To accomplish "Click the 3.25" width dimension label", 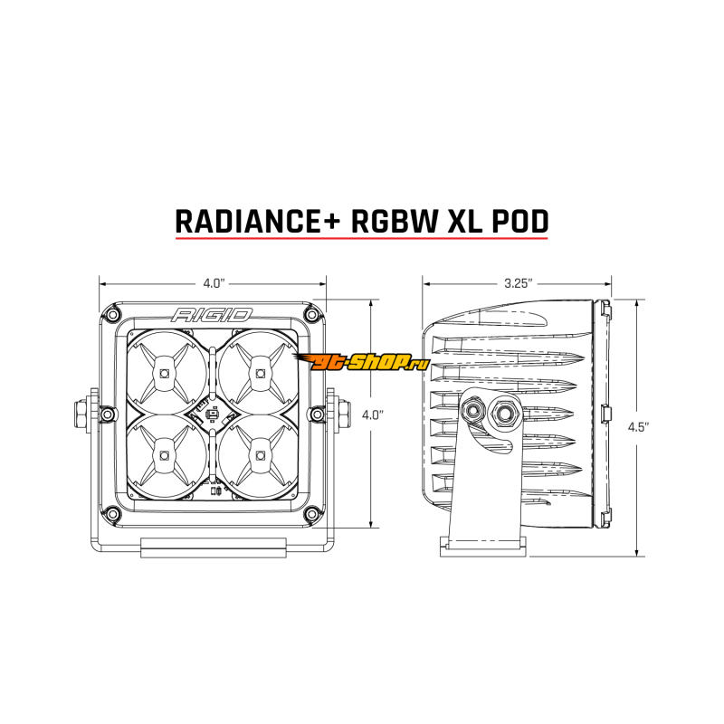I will click(x=517, y=283).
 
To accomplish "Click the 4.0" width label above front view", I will click(x=213, y=283).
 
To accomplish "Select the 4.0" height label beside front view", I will click(x=372, y=414).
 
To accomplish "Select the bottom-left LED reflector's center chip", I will click(x=164, y=455).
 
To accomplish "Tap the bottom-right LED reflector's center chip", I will click(x=262, y=455).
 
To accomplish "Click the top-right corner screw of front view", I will click(x=313, y=313).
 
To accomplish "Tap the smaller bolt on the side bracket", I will click(x=472, y=411).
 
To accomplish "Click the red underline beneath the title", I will click(x=361, y=239).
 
